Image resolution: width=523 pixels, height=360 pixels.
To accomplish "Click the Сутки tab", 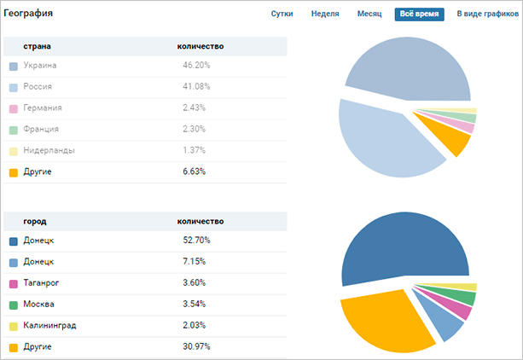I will click(x=282, y=15).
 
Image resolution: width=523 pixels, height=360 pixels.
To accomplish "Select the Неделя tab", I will click(x=325, y=15).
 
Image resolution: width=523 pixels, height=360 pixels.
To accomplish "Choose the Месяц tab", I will click(x=369, y=15).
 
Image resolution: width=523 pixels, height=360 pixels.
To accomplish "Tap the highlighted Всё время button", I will click(x=419, y=15).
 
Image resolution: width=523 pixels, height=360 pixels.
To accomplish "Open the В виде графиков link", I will click(x=487, y=15).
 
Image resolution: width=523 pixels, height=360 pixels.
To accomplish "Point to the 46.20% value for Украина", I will click(x=196, y=66).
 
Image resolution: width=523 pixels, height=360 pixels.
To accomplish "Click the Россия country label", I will click(x=38, y=87).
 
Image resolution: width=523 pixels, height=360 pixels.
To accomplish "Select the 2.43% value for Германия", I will click(x=195, y=108).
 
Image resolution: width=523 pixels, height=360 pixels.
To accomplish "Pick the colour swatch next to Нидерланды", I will click(x=14, y=151).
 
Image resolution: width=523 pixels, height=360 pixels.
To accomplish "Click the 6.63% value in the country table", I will click(x=195, y=172).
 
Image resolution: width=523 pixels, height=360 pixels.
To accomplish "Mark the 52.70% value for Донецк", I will click(x=196, y=241).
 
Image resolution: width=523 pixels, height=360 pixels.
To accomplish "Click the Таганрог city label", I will click(x=42, y=283).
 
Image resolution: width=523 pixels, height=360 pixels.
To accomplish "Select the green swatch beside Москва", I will click(x=14, y=305).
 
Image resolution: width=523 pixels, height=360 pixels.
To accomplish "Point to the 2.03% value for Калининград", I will click(x=195, y=326).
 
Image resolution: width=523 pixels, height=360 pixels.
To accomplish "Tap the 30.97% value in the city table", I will click(x=196, y=347).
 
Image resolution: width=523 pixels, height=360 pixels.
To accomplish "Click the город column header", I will click(x=35, y=221).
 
